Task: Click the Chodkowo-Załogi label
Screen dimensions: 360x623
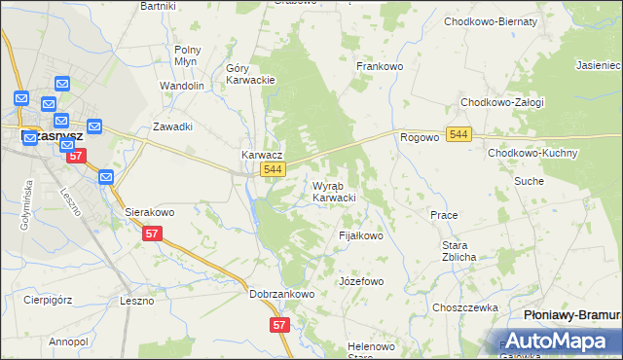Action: (x=501, y=102)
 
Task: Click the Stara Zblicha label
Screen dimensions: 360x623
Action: (x=458, y=251)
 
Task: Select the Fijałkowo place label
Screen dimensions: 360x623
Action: (x=360, y=235)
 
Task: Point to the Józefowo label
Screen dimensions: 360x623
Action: (x=360, y=281)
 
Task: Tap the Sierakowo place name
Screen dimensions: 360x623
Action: (x=149, y=211)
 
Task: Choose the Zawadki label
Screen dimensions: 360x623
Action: (x=172, y=126)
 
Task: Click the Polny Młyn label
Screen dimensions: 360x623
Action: (x=187, y=54)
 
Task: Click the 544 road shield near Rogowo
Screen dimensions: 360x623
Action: (x=459, y=132)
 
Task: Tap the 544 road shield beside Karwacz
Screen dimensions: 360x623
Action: (x=273, y=170)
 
